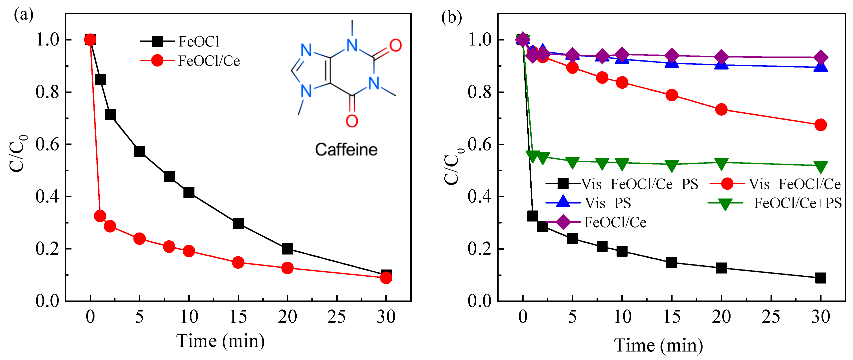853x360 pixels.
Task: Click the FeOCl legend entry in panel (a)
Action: point(199,42)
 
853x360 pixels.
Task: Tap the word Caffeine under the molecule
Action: point(346,150)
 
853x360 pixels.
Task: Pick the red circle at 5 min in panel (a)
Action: point(139,238)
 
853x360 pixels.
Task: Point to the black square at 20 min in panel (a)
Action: point(287,249)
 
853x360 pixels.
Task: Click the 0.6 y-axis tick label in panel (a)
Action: point(47,144)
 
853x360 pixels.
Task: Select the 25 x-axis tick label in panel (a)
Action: point(336,317)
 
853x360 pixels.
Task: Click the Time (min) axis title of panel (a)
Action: point(220,341)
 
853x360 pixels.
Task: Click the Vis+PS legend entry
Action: point(608,203)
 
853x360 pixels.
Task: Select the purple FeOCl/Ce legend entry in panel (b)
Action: point(615,222)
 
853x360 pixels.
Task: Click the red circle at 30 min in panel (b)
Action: point(820,125)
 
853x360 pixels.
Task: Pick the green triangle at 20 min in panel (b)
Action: point(721,163)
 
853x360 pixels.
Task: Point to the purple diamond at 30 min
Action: point(820,57)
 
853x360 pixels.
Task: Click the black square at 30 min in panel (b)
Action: point(820,278)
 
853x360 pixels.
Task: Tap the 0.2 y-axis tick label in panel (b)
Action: point(479,249)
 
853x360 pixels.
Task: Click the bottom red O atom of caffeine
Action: point(352,121)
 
